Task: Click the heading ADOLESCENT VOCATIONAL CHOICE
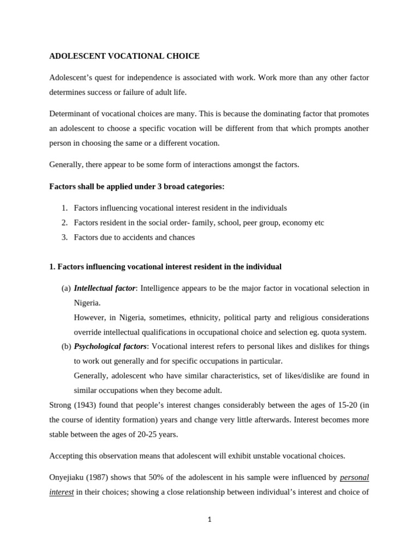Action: click(124, 56)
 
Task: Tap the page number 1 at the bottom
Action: click(209, 519)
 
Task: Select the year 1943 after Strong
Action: click(85, 405)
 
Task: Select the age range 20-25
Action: click(146, 435)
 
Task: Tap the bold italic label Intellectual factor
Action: click(105, 288)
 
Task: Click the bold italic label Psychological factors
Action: click(110, 346)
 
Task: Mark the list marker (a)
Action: click(66, 288)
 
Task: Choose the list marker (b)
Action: click(66, 346)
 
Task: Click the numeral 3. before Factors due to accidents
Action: click(64, 237)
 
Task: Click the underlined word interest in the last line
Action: click(62, 492)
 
